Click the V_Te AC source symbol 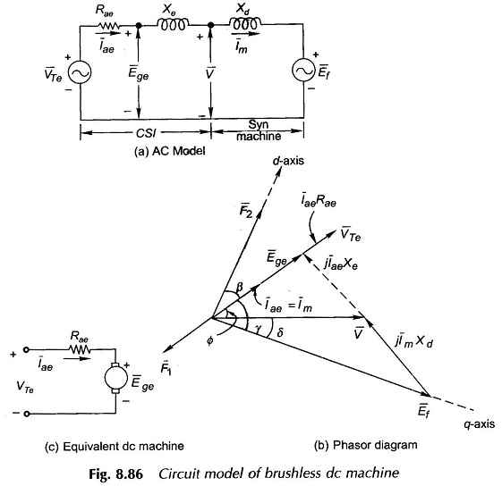pyautogui.click(x=80, y=72)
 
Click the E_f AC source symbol pyautogui.click(x=302, y=71)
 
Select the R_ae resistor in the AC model pyautogui.click(x=110, y=26)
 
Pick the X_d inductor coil pyautogui.click(x=245, y=23)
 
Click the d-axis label pyautogui.click(x=288, y=160)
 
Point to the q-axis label pyautogui.click(x=479, y=424)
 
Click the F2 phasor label pyautogui.click(x=246, y=212)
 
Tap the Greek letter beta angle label pyautogui.click(x=239, y=288)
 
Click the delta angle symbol pyautogui.click(x=279, y=332)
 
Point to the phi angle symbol pyautogui.click(x=209, y=341)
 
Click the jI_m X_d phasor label pyautogui.click(x=414, y=341)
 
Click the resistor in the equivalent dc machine pyautogui.click(x=80, y=349)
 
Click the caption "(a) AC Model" pyautogui.click(x=170, y=151)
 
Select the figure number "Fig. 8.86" pyautogui.click(x=116, y=473)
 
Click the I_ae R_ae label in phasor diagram pyautogui.click(x=319, y=201)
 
